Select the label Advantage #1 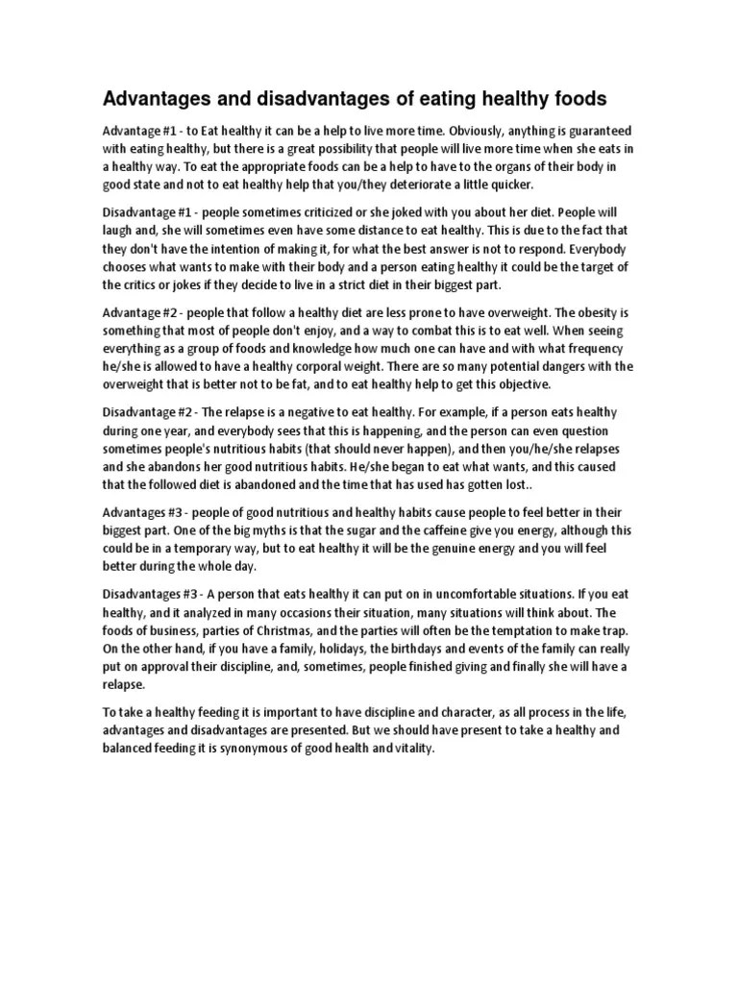140,130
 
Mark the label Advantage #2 140,312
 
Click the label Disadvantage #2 151,412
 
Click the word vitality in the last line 408,750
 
